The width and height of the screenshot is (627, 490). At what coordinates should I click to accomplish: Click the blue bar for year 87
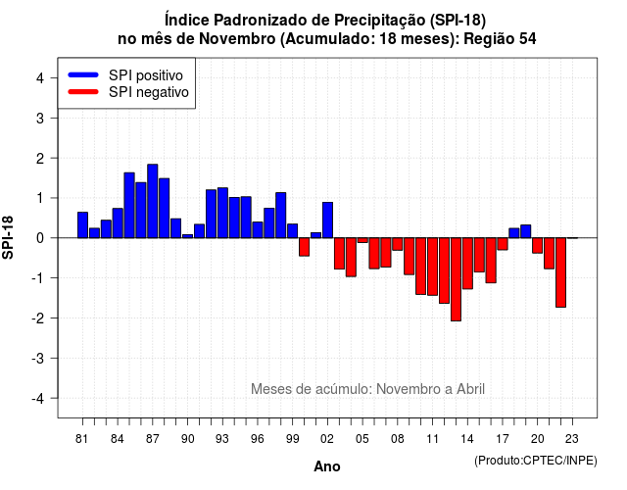[153, 201]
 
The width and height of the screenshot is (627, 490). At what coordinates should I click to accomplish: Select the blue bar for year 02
[327, 220]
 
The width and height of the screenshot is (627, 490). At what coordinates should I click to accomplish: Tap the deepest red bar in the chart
[456, 279]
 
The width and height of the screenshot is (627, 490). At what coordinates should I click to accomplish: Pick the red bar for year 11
[433, 267]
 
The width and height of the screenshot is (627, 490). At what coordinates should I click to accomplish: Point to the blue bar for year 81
[82, 225]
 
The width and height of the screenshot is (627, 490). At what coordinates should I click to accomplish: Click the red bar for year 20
[538, 245]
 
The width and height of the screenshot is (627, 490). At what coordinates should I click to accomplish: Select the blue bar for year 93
[222, 213]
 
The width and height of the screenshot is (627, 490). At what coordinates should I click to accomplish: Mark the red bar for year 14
[467, 264]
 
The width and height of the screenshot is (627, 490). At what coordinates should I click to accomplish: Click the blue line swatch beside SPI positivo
[83, 74]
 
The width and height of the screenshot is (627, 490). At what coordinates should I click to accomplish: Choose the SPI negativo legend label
[149, 92]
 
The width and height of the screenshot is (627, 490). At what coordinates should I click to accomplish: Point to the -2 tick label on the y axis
[39, 318]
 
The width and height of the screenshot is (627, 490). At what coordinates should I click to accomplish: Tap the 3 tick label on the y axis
[40, 119]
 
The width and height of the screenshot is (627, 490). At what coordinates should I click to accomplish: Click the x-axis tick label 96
[258, 439]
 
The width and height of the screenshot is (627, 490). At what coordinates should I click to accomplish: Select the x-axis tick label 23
[572, 439]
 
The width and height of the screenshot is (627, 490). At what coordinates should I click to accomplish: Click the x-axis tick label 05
[362, 439]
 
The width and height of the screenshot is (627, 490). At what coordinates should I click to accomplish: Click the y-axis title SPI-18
[8, 237]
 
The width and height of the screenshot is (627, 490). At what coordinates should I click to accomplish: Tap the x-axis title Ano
[327, 466]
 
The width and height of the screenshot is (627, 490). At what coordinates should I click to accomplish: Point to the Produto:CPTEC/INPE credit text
[536, 461]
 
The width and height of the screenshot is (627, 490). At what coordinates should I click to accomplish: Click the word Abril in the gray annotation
[470, 389]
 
